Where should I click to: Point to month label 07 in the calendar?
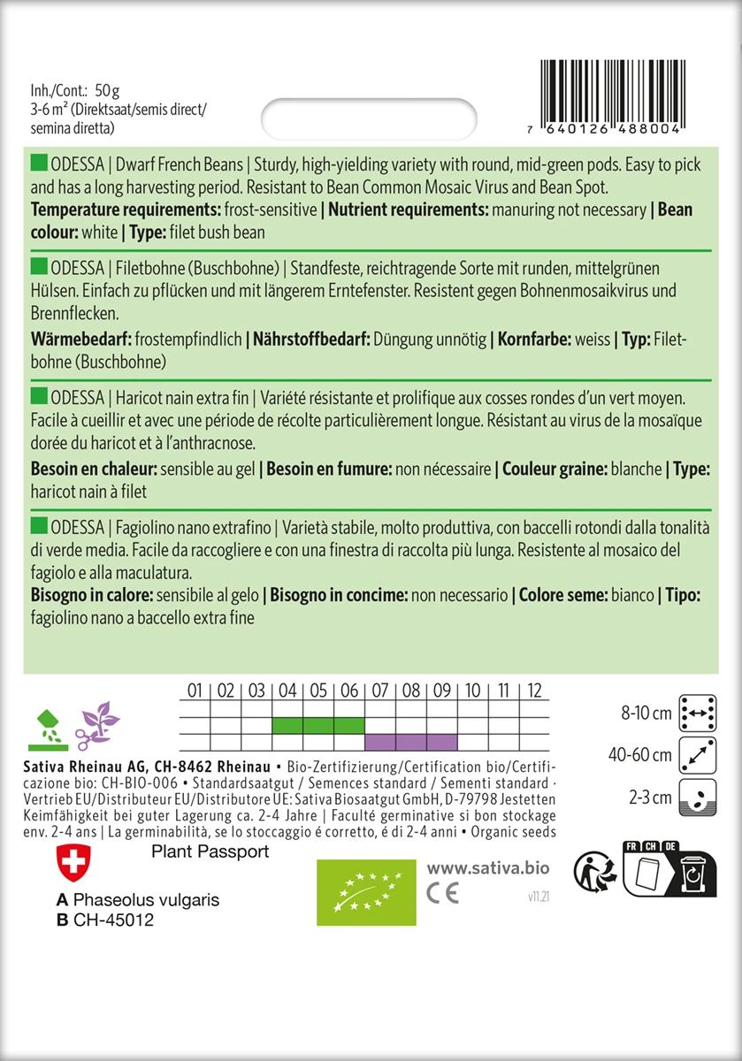pyautogui.click(x=380, y=691)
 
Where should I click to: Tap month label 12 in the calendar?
pyautogui.click(x=533, y=691)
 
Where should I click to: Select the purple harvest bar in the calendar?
pyautogui.click(x=411, y=741)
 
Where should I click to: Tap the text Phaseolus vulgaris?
pyautogui.click(x=146, y=900)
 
